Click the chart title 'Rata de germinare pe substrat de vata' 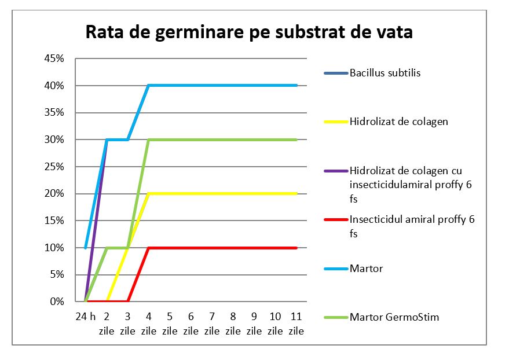[x=249, y=32]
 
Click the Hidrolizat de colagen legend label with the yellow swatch [x=398, y=122]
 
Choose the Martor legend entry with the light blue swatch [x=366, y=269]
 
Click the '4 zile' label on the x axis [x=149, y=324]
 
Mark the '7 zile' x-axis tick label [x=212, y=324]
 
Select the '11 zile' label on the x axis [x=296, y=324]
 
